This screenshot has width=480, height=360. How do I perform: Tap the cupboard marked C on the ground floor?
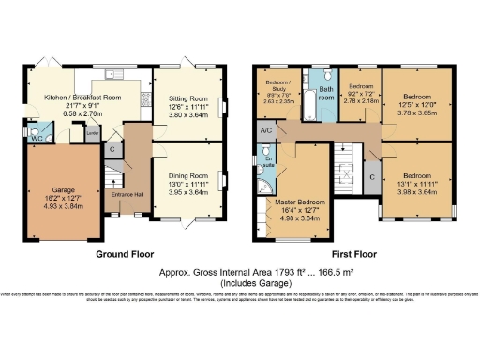pos(112,148)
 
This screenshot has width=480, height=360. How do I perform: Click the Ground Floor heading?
pos(125,253)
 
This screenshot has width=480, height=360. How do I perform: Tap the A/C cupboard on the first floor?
pos(266,131)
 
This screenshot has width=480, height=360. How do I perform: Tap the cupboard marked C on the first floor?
pos(372,176)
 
